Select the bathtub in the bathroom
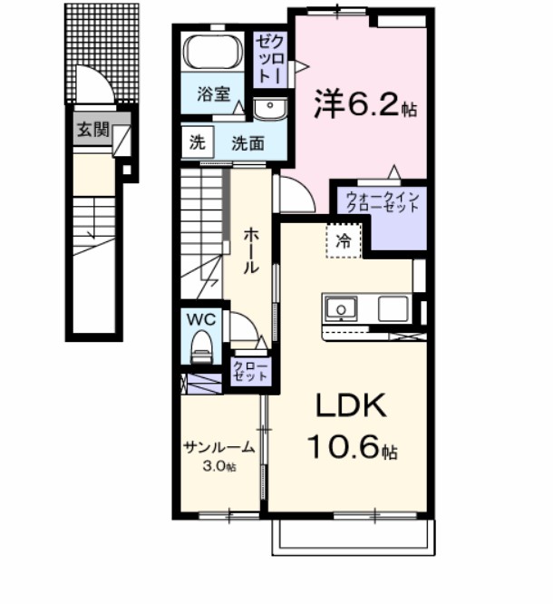point(212,52)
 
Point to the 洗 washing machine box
point(197,141)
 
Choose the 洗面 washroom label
point(247,142)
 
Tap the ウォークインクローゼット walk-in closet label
point(380,200)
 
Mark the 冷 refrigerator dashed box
point(344,240)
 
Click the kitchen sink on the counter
point(341,310)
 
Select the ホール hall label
point(251,250)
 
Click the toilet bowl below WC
point(201,347)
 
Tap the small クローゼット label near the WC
point(250,370)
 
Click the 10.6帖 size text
point(351,448)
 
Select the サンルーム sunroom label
point(218,449)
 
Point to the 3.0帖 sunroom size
point(218,467)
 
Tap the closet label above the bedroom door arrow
point(270,57)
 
